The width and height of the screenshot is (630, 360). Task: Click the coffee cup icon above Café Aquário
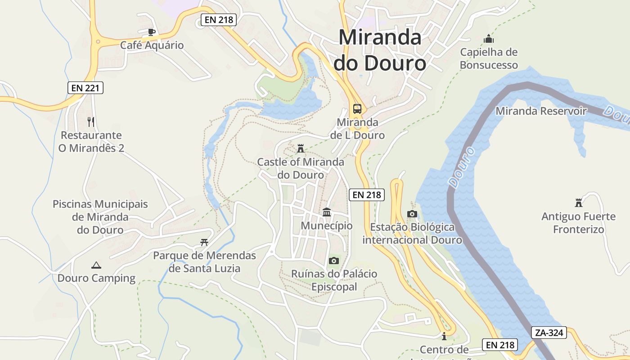[x=152, y=32]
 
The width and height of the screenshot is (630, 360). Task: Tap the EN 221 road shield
[x=85, y=88]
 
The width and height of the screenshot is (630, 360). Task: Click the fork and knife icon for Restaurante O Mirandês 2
[x=91, y=121]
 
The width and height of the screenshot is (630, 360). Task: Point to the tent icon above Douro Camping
[x=96, y=265]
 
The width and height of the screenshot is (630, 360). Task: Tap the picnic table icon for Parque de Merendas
[x=204, y=243]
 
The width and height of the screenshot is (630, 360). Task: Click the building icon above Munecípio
[x=327, y=212]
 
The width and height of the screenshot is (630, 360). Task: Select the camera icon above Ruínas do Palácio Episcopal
[x=333, y=261]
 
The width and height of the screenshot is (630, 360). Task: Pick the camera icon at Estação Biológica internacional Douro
[x=412, y=214]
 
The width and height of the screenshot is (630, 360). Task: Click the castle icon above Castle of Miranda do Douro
[x=301, y=148]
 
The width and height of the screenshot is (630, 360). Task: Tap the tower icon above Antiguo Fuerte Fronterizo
[x=578, y=203]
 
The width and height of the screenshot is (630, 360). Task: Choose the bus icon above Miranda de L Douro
[x=357, y=108]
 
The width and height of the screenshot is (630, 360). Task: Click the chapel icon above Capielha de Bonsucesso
[x=488, y=39]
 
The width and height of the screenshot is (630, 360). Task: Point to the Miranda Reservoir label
[x=541, y=111]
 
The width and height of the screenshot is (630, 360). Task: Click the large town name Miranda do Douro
[x=380, y=50]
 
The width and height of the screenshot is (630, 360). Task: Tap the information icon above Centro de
[x=444, y=336]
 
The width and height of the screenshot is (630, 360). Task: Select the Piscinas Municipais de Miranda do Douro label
[x=100, y=217]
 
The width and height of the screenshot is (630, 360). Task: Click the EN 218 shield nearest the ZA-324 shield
[x=500, y=345]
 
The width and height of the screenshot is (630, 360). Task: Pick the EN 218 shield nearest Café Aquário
[x=218, y=19]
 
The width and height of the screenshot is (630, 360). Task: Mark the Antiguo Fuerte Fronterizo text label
[x=578, y=223]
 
